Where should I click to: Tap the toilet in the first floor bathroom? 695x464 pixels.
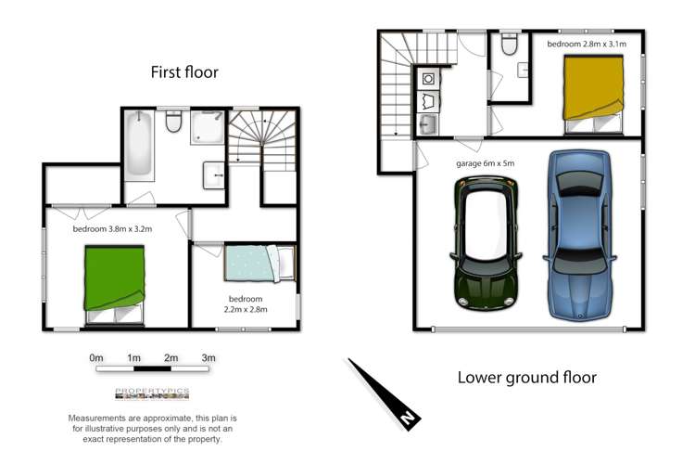coord(172,122)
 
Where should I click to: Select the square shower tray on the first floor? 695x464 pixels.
coord(208,127)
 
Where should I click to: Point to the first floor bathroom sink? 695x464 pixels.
coord(214,173)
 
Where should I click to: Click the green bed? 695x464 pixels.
coord(114,277)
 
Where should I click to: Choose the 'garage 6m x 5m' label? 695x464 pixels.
coord(485,162)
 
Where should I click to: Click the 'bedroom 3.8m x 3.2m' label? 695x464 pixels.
coord(112,227)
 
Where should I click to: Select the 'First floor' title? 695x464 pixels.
coord(184,72)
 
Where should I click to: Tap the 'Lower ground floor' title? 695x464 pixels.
coord(527,377)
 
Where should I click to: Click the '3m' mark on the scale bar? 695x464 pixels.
coord(208,357)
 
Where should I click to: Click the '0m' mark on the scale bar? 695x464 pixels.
coord(95,357)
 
